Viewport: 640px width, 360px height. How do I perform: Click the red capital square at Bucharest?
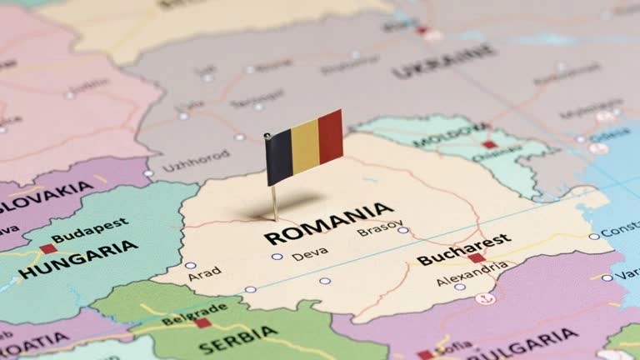tap(476, 258)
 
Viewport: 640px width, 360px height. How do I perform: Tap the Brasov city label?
tap(379, 231)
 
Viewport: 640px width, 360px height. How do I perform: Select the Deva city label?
tap(309, 254)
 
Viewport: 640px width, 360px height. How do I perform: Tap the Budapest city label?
tap(90, 230)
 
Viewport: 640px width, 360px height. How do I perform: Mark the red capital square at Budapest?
tap(48, 248)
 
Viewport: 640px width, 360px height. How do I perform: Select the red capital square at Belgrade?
tap(202, 322)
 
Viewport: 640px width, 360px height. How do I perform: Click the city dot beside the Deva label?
tap(277, 257)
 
